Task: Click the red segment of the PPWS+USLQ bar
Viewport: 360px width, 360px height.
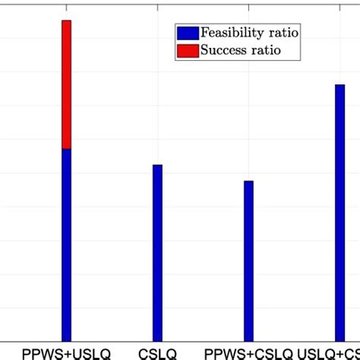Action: coord(67,84)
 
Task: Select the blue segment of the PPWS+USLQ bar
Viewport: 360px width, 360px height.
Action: coord(67,243)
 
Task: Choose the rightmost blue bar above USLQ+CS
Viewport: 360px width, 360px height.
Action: coord(339,213)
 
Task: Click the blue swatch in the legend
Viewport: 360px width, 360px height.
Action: coord(187,33)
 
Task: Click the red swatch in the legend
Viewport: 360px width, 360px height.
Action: coord(187,51)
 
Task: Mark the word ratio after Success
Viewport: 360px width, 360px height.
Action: coord(266,51)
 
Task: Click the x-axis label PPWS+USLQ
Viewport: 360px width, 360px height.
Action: coord(67,353)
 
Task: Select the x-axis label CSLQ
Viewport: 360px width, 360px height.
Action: coord(157,353)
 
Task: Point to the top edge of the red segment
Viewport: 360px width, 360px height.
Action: coord(67,21)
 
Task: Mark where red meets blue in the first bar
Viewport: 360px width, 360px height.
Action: coord(67,149)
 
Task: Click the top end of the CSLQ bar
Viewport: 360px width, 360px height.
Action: coord(157,165)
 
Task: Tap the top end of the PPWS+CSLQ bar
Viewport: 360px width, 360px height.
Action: coord(248,182)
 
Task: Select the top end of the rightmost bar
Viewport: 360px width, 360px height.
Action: coord(339,84)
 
